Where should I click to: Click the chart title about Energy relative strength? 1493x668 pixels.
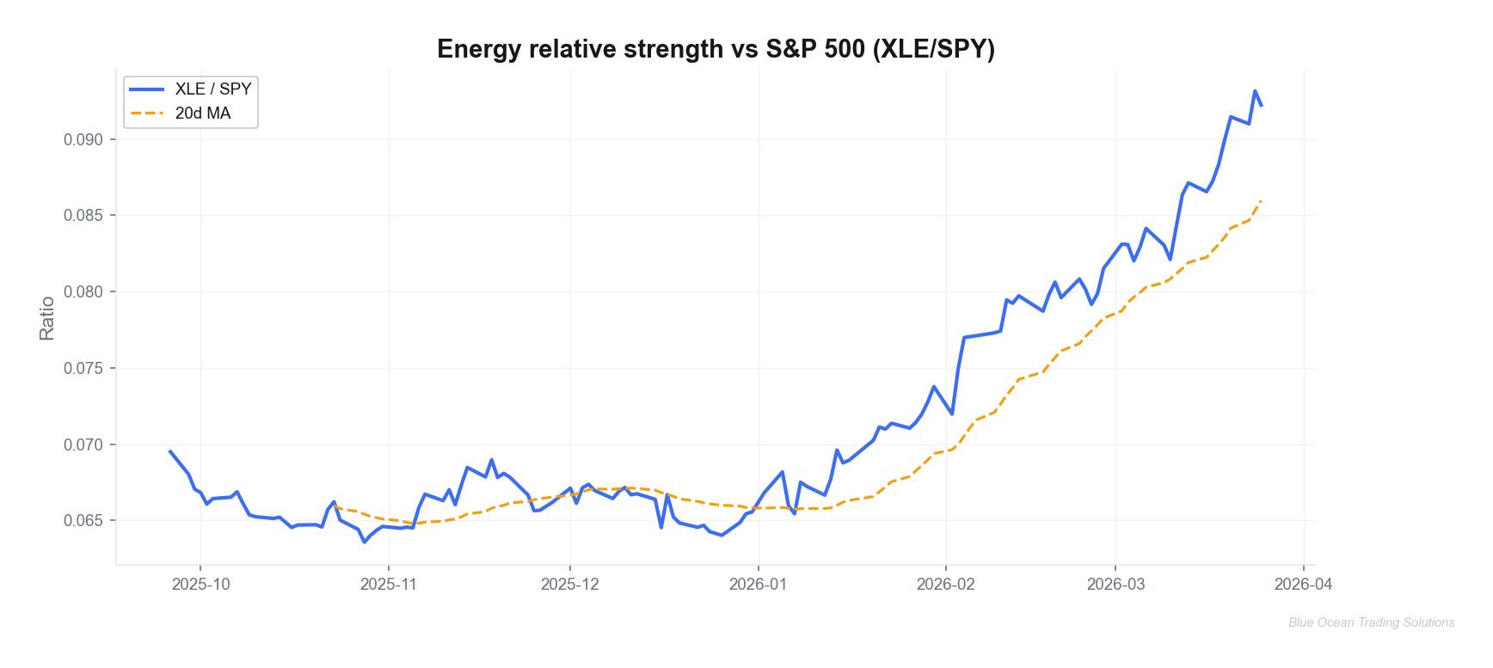[x=716, y=49]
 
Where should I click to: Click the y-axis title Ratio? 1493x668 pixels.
[x=46, y=318]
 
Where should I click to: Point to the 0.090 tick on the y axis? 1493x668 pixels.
[x=83, y=139]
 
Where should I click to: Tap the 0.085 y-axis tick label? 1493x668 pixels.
[x=83, y=216]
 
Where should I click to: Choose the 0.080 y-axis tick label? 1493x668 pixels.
[x=83, y=292]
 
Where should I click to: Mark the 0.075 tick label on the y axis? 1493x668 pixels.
[x=83, y=368]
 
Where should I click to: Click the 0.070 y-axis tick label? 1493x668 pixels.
[x=83, y=444]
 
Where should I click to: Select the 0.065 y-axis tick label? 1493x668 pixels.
[x=83, y=521]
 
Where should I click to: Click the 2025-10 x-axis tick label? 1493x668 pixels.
[x=200, y=585]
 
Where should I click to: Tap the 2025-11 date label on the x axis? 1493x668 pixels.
[x=388, y=585]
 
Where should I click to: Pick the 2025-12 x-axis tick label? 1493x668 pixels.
[x=569, y=585]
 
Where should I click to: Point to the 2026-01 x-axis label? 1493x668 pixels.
[x=758, y=585]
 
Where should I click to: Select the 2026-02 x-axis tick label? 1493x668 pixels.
[x=945, y=585]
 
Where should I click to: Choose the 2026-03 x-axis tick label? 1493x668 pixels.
[x=1115, y=585]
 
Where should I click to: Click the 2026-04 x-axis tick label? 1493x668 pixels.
[x=1303, y=585]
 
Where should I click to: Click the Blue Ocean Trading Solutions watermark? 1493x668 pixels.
[x=1371, y=622]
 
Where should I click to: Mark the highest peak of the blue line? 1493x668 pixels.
[x=1255, y=91]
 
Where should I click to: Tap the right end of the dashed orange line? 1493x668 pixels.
[x=1261, y=200]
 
